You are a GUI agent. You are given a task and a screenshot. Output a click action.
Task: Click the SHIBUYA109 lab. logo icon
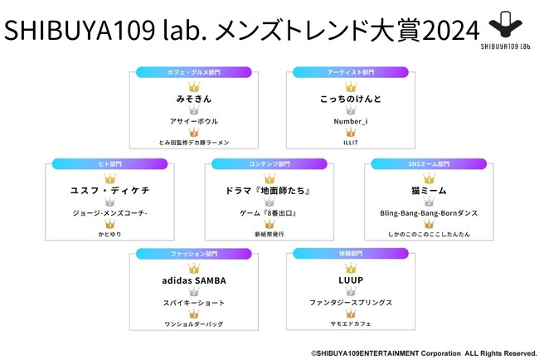coord(506,24)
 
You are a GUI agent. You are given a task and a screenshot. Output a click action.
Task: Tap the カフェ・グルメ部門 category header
coord(194,72)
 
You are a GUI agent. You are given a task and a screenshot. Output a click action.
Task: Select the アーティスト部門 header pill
coord(351,72)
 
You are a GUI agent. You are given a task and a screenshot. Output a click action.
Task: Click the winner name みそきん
coord(194,99)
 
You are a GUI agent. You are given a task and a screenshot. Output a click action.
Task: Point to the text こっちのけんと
coord(351,99)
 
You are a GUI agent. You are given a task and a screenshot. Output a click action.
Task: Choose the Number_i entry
coord(351,121)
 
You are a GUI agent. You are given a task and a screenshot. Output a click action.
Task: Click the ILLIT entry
coord(351,143)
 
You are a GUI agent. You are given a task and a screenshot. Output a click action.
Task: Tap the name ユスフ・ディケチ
coord(110,191)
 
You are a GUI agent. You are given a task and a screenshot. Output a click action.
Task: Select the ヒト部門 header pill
coord(110,164)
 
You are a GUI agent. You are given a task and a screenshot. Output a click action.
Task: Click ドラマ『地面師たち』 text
coord(268,191)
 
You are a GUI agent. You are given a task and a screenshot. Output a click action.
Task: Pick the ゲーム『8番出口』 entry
coord(268,213)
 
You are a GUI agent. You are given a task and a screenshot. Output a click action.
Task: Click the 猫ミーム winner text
coord(429,191)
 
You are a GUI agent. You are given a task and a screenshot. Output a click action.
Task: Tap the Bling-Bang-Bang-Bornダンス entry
coord(429,213)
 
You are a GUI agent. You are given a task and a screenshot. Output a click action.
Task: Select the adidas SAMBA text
coord(194,280)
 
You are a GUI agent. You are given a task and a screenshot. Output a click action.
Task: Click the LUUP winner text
coord(351,280)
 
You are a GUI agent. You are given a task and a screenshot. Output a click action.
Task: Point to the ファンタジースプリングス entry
coord(351,303)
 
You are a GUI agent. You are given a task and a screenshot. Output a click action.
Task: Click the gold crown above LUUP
coord(351,268)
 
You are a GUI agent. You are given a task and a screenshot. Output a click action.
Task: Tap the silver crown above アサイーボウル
coord(194,110)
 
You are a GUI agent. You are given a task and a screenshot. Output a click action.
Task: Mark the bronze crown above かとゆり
coord(110,224)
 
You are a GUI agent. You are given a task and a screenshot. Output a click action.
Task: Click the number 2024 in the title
coord(450,30)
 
